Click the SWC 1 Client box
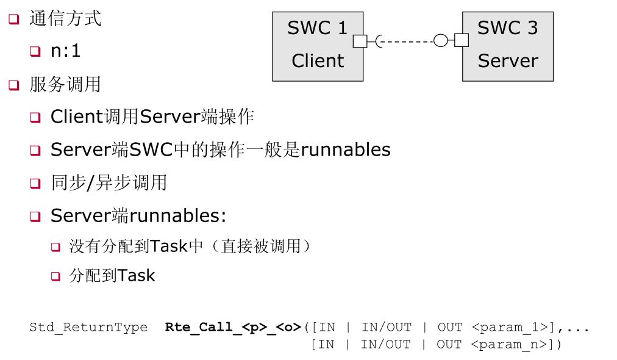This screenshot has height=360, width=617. [317, 46]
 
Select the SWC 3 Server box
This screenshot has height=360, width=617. [507, 46]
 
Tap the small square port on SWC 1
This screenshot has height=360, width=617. [360, 41]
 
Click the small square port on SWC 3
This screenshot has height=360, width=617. [462, 41]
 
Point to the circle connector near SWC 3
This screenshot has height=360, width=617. [440, 41]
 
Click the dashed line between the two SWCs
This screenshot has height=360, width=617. [407, 41]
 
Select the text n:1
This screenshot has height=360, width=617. [65, 51]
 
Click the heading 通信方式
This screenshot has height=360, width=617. [65, 18]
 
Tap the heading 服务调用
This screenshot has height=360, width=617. [65, 84]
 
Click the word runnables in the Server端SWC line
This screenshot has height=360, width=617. [346, 149]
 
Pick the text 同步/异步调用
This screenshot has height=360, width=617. [109, 182]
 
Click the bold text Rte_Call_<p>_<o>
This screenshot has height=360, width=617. [233, 327]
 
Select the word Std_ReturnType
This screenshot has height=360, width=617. [88, 327]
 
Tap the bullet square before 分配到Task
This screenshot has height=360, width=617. [55, 276]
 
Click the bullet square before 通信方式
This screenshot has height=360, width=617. [13, 19]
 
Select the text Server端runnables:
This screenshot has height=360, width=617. [138, 215]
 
